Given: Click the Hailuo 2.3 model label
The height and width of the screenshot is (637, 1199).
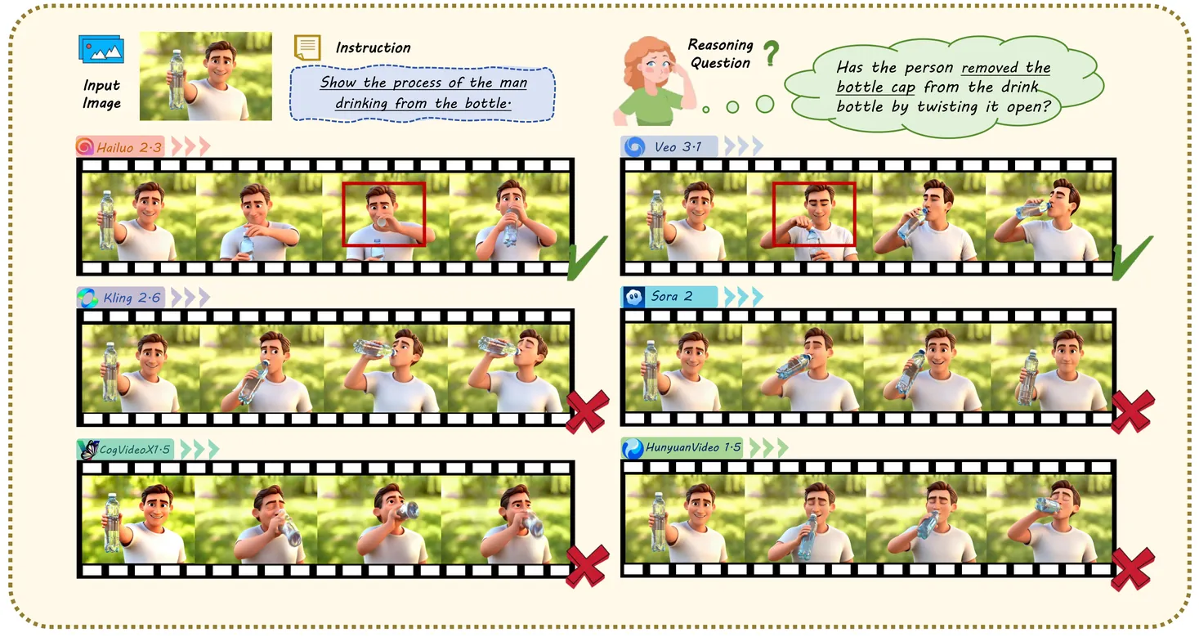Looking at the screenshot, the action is pos(120,147).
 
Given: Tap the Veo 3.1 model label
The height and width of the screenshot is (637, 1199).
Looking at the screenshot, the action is pos(669,147).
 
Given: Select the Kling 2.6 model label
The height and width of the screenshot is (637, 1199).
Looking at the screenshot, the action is pos(120,298).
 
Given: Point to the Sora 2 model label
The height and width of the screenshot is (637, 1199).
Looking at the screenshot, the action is pos(669,296).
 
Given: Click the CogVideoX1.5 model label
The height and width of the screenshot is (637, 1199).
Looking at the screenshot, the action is pos(125,450).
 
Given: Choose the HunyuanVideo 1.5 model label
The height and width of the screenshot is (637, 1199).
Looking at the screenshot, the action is pos(682,448).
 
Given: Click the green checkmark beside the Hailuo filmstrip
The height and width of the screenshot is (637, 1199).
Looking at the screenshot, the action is pos(587,258).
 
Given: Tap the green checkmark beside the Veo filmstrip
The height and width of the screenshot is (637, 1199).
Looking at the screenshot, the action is pos(1132,258).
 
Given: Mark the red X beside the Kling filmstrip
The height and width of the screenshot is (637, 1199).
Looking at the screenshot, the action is pos(588,411).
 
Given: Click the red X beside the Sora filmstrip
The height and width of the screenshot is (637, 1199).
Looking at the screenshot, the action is pos(1133,411).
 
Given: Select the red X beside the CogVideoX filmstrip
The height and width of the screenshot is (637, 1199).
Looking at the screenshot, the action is pos(588,567).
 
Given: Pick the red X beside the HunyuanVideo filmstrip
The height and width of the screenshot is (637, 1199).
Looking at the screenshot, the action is pos(1133,569).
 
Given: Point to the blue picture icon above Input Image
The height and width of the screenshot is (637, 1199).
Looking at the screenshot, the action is pos(101,49).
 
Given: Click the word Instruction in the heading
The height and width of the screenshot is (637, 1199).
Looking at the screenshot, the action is pos(373,47).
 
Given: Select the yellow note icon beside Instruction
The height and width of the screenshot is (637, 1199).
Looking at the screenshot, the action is pos(307,47).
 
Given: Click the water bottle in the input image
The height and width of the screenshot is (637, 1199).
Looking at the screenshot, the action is pos(176,79).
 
